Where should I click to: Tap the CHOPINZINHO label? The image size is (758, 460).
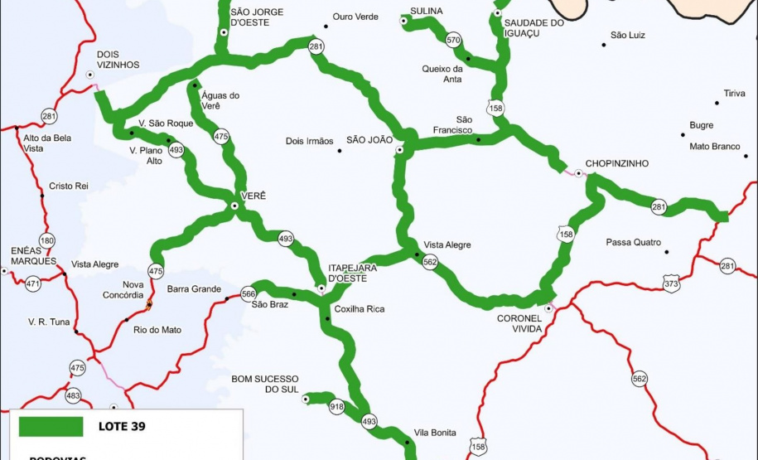coord(616,163)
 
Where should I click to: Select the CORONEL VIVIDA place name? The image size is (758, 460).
coord(519,323)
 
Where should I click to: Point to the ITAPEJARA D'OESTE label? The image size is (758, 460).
coord(353,273)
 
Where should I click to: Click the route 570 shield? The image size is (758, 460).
coord(453,40)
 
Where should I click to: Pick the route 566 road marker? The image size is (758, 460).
coord(249,293)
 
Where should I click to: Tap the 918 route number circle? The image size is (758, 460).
coord(336,407)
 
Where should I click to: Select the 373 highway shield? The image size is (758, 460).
coord(671,284)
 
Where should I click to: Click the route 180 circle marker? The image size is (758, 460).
coord(47,241)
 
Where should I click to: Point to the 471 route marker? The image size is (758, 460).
coord(33,283)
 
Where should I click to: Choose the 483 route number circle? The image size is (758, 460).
coord(73,396)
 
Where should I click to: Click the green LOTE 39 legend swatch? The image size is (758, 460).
coord(51,427)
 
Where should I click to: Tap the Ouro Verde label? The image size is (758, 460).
coord(355,16)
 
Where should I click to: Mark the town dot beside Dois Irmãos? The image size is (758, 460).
coord(340,151)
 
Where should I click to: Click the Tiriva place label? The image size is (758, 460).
coord(734,93)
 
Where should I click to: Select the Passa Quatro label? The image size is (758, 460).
coord(634,242)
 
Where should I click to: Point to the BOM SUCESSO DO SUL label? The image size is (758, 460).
coord(264,384)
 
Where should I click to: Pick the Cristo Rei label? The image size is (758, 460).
coord(69,186)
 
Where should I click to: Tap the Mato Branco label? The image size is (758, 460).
coord(714,146)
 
